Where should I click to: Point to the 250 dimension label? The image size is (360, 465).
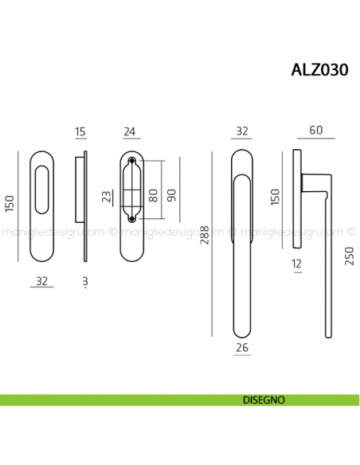349,256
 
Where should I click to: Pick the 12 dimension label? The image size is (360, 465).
296,264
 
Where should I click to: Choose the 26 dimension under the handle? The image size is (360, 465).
242,347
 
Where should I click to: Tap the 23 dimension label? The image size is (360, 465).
107,197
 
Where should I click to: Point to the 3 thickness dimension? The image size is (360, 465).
84,281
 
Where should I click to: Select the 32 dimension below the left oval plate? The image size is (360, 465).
41,280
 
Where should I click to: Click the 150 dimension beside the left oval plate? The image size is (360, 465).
10,205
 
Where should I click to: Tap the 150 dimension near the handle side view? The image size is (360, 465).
276,196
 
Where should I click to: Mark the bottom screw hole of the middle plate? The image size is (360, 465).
131,216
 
